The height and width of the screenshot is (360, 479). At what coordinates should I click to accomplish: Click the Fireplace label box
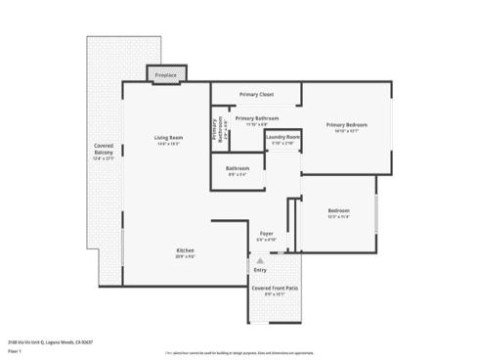point(166,74)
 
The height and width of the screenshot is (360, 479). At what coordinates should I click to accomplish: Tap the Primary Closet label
point(255,95)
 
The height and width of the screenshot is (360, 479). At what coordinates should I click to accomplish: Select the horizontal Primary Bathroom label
point(256,118)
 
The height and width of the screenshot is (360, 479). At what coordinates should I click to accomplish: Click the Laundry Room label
point(283,137)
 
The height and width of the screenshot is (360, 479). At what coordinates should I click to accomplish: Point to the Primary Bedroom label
point(347,124)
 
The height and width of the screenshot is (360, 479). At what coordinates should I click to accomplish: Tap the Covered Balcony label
point(104,151)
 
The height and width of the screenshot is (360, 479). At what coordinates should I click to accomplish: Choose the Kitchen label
point(186,250)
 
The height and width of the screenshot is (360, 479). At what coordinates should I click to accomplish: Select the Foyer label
point(265,233)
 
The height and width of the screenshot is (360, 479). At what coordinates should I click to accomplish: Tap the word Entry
point(259,269)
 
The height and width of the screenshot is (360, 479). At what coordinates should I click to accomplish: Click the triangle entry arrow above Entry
point(260,261)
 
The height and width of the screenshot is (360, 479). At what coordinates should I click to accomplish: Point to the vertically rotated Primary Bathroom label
point(217,130)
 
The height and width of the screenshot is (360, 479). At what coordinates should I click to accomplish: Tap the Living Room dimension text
point(168,144)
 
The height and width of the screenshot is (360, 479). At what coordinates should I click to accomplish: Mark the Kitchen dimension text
point(186,256)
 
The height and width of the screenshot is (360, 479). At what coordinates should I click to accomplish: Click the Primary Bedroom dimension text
point(347,130)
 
